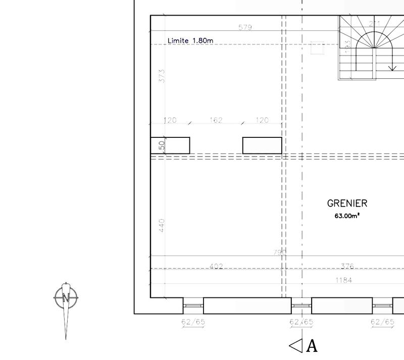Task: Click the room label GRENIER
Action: [347, 203]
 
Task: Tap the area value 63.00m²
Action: [347, 216]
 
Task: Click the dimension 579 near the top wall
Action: [245, 27]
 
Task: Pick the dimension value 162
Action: [216, 120]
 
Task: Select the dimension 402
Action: [216, 266]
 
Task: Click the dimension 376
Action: [347, 266]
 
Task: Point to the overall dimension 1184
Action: [343, 280]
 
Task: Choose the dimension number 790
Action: [279, 251]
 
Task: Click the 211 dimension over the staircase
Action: [375, 23]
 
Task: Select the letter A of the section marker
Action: [312, 346]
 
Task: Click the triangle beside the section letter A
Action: [295, 345]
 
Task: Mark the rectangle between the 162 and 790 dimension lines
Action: [262, 145]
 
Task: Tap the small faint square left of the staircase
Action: [318, 47]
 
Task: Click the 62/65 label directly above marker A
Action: [301, 322]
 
